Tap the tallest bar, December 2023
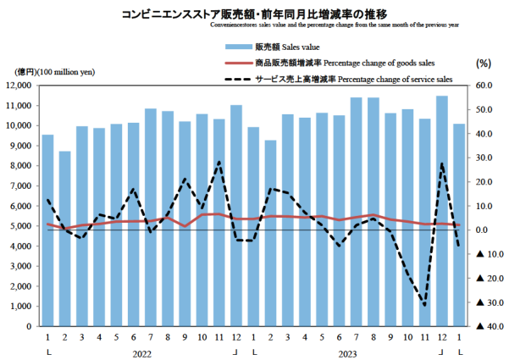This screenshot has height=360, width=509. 441,211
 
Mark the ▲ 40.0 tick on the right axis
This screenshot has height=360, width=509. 481,326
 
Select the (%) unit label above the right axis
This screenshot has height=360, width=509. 484,64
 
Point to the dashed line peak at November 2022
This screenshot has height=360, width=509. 219,162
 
